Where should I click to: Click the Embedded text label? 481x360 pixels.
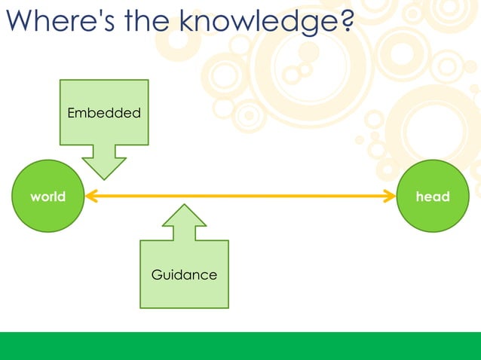tap(104, 113)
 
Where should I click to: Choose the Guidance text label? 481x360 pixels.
tap(184, 275)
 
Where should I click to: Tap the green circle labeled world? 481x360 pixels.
tap(47, 197)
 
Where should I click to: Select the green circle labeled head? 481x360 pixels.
tap(433, 197)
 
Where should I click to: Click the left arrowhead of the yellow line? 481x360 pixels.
tap(89, 197)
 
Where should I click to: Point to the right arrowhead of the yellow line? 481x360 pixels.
tap(391, 197)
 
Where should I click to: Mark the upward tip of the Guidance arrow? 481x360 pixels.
tap(184, 206)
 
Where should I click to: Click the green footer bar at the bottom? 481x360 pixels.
tap(240, 346)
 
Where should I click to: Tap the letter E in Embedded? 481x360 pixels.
tap(72, 113)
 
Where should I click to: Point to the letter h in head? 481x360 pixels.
tap(420, 197)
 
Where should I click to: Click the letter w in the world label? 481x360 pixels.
tap(35, 197)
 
